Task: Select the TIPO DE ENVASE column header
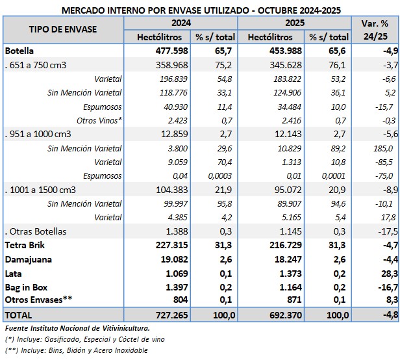[x=63, y=29]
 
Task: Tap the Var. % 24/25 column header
[x=374, y=29]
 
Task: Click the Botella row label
[x=19, y=51]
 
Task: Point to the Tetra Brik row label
[x=24, y=246]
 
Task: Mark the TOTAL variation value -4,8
[x=387, y=315]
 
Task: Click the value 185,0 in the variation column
[x=385, y=148]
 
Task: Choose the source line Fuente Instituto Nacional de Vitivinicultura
[x=77, y=328]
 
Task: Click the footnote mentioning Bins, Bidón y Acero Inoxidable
[x=76, y=351]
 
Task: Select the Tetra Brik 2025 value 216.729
[x=281, y=246]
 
